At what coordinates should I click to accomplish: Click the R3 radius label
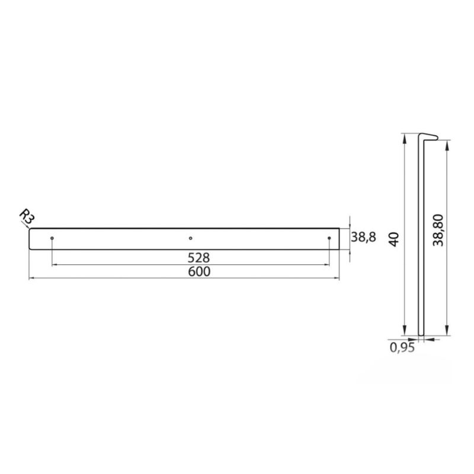27,217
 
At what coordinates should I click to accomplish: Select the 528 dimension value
198,258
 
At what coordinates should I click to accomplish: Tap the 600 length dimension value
199,271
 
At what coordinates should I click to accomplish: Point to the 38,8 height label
363,238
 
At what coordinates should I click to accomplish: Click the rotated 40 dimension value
395,239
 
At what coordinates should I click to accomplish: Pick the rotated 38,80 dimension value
438,230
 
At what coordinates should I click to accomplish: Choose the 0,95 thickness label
402,348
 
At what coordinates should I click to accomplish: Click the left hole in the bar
52,238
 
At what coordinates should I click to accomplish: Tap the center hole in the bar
190,238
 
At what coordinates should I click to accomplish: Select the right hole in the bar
329,238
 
